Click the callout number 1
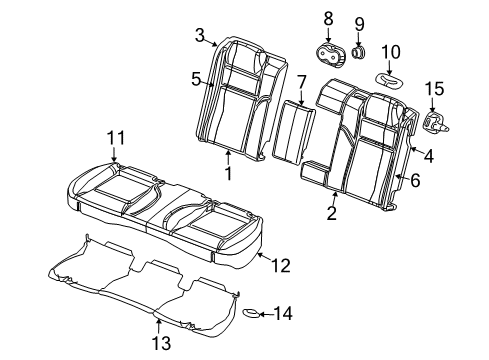point(228,174)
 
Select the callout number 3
point(199,37)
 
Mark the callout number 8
point(327,18)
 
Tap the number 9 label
point(359,22)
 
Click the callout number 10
point(391,51)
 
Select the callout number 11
point(115,137)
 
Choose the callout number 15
point(433,89)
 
